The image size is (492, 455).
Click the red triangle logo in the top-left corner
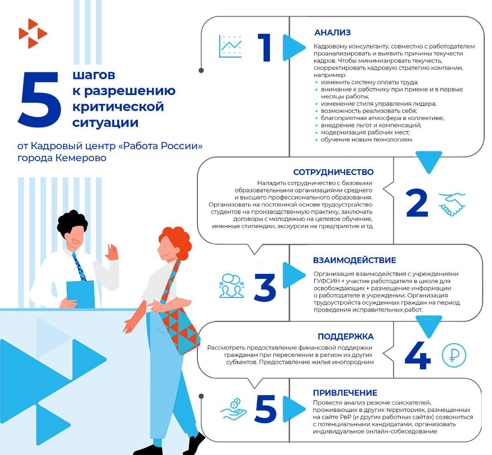(32, 33)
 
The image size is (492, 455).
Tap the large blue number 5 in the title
(40, 100)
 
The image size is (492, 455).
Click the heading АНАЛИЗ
(332, 33)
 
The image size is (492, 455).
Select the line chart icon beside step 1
(230, 47)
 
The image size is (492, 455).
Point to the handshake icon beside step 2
(452, 204)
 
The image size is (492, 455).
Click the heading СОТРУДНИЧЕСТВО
(333, 172)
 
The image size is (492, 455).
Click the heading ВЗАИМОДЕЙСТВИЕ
(354, 260)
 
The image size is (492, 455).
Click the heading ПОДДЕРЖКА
(345, 337)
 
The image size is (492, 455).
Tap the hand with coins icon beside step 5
(233, 410)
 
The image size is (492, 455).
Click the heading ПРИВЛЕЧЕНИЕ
(345, 393)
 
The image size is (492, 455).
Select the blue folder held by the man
(80, 294)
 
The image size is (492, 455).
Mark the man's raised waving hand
(112, 253)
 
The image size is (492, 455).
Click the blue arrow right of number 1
(293, 48)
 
